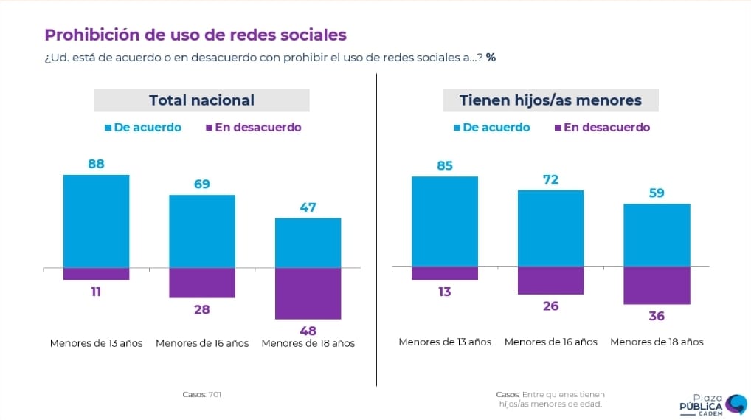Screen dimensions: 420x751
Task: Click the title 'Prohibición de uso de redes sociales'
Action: coord(195,35)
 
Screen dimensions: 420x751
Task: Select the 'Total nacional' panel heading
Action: coord(201,100)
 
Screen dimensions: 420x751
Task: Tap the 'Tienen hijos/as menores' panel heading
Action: coord(550,100)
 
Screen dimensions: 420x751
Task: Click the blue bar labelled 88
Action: coord(97,221)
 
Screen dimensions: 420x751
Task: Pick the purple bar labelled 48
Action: coord(308,293)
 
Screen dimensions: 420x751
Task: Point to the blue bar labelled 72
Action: coord(551,228)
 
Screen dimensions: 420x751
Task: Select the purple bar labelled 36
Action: coord(657,285)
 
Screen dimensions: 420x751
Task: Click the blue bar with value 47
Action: coord(308,243)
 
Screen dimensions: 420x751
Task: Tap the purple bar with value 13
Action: coord(445,273)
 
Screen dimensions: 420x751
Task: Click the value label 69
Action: coord(202,184)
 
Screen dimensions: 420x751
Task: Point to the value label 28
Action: coord(202,309)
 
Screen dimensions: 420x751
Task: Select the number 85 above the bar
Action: coord(445,165)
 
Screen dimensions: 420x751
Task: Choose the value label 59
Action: coord(657,193)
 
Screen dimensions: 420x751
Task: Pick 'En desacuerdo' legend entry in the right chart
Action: coord(601,127)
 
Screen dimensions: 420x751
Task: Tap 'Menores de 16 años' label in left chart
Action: coord(202,343)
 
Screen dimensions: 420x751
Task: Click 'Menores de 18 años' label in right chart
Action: coord(657,342)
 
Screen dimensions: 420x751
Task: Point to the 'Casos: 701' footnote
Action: coord(201,394)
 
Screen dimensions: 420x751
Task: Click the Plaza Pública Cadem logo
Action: coord(713,404)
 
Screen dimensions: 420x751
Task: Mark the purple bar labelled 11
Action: coord(97,274)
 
